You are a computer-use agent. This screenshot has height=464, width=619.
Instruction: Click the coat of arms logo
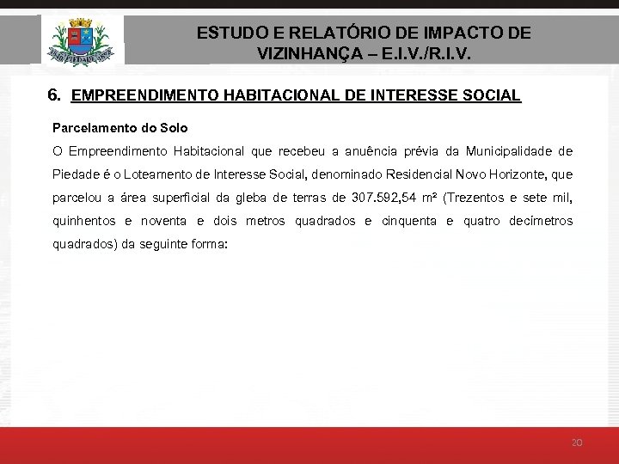click(x=82, y=40)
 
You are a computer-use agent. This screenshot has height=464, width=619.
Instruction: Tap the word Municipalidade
click(x=506, y=152)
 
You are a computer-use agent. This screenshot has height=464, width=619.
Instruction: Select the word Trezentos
click(x=481, y=198)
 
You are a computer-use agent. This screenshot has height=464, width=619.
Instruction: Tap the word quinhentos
click(x=84, y=221)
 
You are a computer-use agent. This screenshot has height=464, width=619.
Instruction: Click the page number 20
click(x=577, y=443)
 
